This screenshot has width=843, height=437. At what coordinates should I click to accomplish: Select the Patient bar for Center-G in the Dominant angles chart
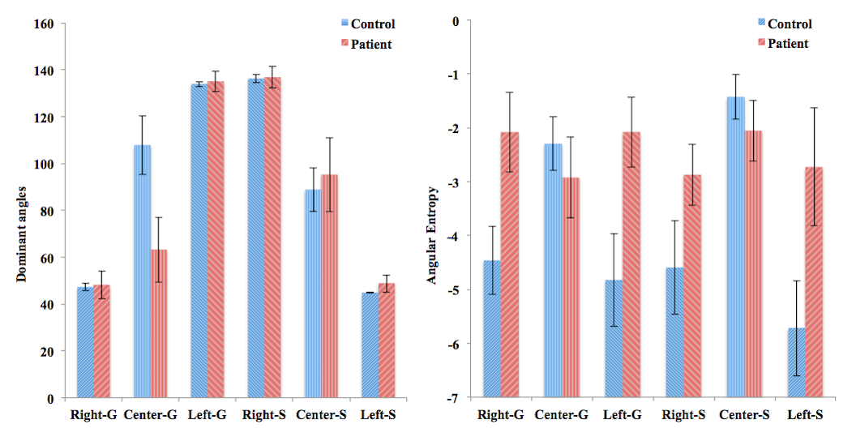click(159, 323)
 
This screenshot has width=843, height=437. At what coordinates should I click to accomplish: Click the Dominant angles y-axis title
click(22, 234)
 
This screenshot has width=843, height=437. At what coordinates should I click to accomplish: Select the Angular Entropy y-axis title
click(434, 236)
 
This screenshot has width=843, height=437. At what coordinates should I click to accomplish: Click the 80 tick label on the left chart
click(45, 211)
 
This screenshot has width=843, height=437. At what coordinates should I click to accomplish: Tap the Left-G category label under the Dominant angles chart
click(208, 415)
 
